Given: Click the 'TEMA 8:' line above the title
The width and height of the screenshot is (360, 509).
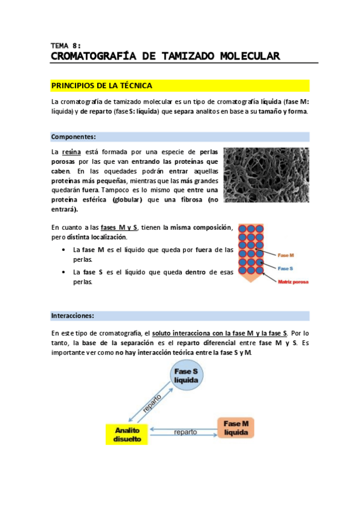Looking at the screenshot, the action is click(66, 46).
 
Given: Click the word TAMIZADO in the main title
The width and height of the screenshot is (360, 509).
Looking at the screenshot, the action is click(188, 56).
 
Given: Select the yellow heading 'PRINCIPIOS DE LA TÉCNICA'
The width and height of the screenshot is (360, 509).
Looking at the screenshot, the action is click(101, 86).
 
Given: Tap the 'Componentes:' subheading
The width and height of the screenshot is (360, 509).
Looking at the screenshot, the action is click(73, 137).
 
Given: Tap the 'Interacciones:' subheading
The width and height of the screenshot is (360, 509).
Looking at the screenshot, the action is click(73, 316).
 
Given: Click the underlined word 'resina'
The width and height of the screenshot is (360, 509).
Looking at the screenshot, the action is click(71, 152).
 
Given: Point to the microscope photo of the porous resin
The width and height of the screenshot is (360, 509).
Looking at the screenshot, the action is click(266, 175).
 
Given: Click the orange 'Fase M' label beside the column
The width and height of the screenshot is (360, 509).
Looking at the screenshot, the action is click(286, 255).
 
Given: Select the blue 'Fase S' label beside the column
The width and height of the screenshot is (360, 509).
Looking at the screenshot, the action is click(286, 268).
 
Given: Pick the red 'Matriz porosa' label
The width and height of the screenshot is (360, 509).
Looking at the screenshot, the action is click(293, 282).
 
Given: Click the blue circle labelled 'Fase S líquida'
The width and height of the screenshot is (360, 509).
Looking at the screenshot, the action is click(187, 376).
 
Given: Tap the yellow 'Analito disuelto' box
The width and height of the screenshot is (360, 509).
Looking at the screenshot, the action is click(127, 435).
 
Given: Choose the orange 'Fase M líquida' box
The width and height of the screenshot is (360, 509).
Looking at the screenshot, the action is click(236, 428).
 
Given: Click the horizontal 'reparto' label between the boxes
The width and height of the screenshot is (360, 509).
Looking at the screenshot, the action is click(185, 432).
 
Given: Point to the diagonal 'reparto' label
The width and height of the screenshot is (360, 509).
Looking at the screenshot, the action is click(152, 403).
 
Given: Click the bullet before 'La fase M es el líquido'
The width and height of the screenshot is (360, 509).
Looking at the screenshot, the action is click(64, 250).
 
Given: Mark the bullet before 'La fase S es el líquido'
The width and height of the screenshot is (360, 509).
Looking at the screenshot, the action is click(64, 273).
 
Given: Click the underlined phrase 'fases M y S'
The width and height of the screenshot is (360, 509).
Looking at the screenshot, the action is click(119, 227).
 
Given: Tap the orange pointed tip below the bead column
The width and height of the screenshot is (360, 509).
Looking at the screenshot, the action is click(251, 279).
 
